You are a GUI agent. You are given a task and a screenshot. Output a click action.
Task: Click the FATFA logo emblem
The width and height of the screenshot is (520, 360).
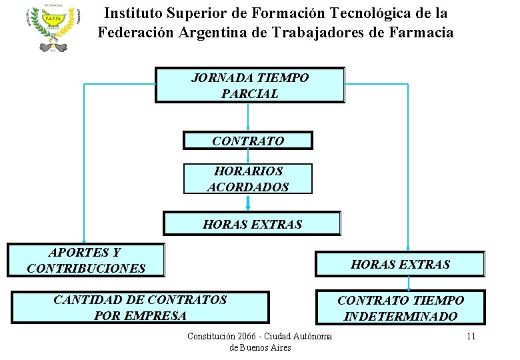click(x=54, y=29)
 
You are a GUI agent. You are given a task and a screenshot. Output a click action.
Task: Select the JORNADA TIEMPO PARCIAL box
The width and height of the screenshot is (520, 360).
click(x=250, y=85)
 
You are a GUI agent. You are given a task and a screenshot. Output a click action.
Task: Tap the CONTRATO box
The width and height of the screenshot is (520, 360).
click(x=248, y=141)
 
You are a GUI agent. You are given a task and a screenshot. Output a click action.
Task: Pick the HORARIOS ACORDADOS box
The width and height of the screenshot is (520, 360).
click(x=248, y=179)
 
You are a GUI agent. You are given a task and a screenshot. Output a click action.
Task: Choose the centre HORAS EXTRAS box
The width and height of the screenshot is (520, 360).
click(x=252, y=224)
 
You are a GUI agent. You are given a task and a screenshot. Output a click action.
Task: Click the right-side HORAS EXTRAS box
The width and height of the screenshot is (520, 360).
click(x=400, y=264)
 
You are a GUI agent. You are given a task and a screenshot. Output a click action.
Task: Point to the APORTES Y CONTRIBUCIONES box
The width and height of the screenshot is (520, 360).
click(x=85, y=260)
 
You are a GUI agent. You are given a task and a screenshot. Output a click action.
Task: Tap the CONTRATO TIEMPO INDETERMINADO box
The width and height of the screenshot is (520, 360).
click(x=400, y=308)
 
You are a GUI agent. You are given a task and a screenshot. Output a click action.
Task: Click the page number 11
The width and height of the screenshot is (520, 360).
click(x=471, y=336)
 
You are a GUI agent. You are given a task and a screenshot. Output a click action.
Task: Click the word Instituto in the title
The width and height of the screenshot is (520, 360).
click(x=133, y=13)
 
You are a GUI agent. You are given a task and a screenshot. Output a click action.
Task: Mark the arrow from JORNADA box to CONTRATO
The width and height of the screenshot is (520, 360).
click(x=248, y=116)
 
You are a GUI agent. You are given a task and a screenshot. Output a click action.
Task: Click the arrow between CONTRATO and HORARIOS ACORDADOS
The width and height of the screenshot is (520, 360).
click(x=248, y=157)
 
